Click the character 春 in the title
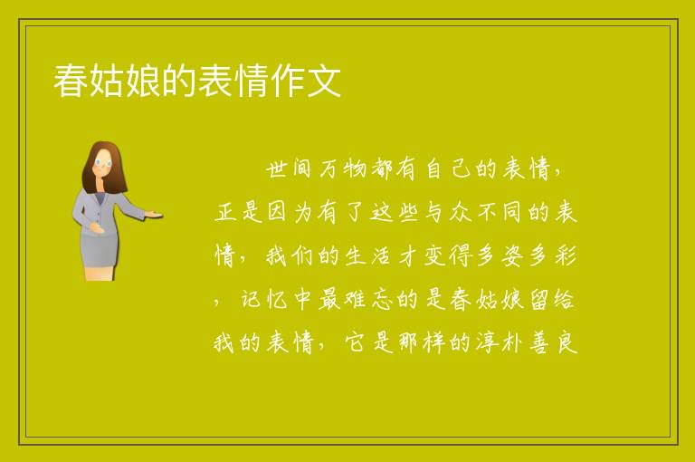click(71, 81)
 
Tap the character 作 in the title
click(287, 81)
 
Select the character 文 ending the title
click(324, 81)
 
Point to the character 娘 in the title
click(143, 81)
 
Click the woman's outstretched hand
click(153, 216)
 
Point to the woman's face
click(103, 163)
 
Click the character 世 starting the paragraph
click(277, 169)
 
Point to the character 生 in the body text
click(355, 256)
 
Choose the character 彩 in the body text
click(566, 256)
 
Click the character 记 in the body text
click(251, 300)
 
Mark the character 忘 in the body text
click(381, 300)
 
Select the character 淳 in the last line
click(488, 342)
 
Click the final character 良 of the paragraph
click(567, 342)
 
